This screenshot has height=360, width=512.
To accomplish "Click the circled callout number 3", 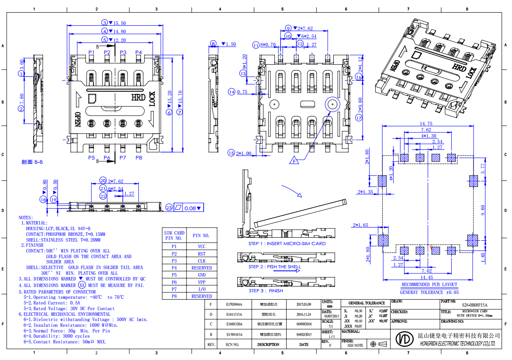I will pos(104,23).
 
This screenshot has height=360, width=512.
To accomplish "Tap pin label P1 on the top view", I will pos(91,52).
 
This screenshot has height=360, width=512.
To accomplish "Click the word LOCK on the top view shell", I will pos(152,99).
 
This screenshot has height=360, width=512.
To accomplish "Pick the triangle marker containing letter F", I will pos(294,161).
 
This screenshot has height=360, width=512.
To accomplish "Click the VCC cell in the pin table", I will pos(201,246).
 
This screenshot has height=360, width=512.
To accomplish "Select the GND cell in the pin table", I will pos(201,275).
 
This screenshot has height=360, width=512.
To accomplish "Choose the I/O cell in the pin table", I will pos(201,289).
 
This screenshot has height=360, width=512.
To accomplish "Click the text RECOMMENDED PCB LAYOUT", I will pos(429,284).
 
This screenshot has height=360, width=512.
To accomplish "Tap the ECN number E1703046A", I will pos(234,304).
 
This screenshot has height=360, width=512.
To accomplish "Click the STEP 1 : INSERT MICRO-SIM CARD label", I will pos(287,244).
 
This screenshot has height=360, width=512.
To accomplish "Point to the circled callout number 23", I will pos(169,208).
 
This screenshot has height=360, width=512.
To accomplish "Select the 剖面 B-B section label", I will pos(32,162).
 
